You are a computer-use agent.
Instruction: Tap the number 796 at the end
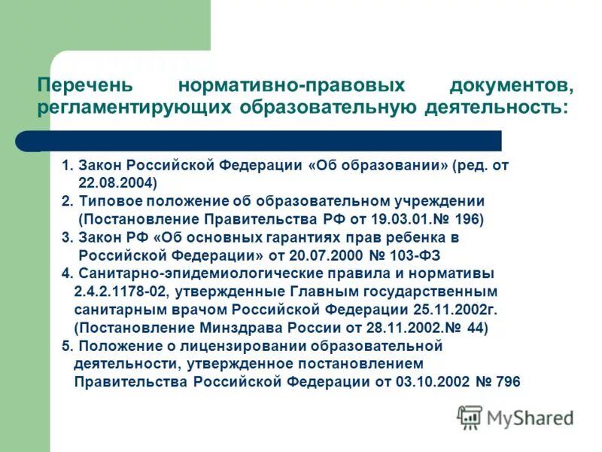pos(508,382)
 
